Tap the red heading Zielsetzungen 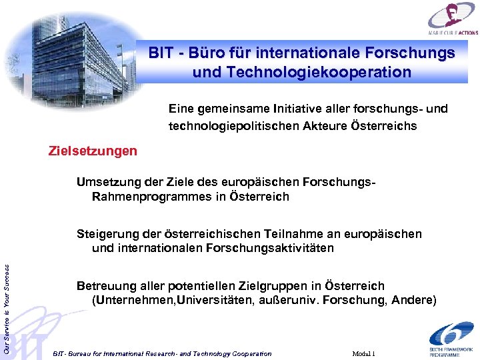93,151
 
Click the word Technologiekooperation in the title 302,72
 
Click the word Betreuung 105,285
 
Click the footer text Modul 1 363,353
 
